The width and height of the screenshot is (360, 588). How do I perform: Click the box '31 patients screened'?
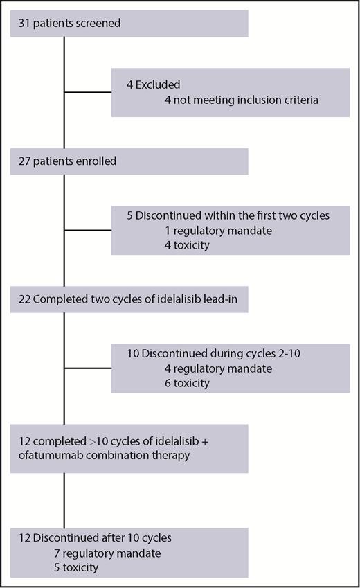coord(129,24)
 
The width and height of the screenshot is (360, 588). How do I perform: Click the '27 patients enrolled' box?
coord(129,161)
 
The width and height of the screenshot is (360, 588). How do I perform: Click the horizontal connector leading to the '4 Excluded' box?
coord(88,93)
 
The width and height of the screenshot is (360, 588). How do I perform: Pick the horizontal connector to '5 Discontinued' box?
coord(88,229)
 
